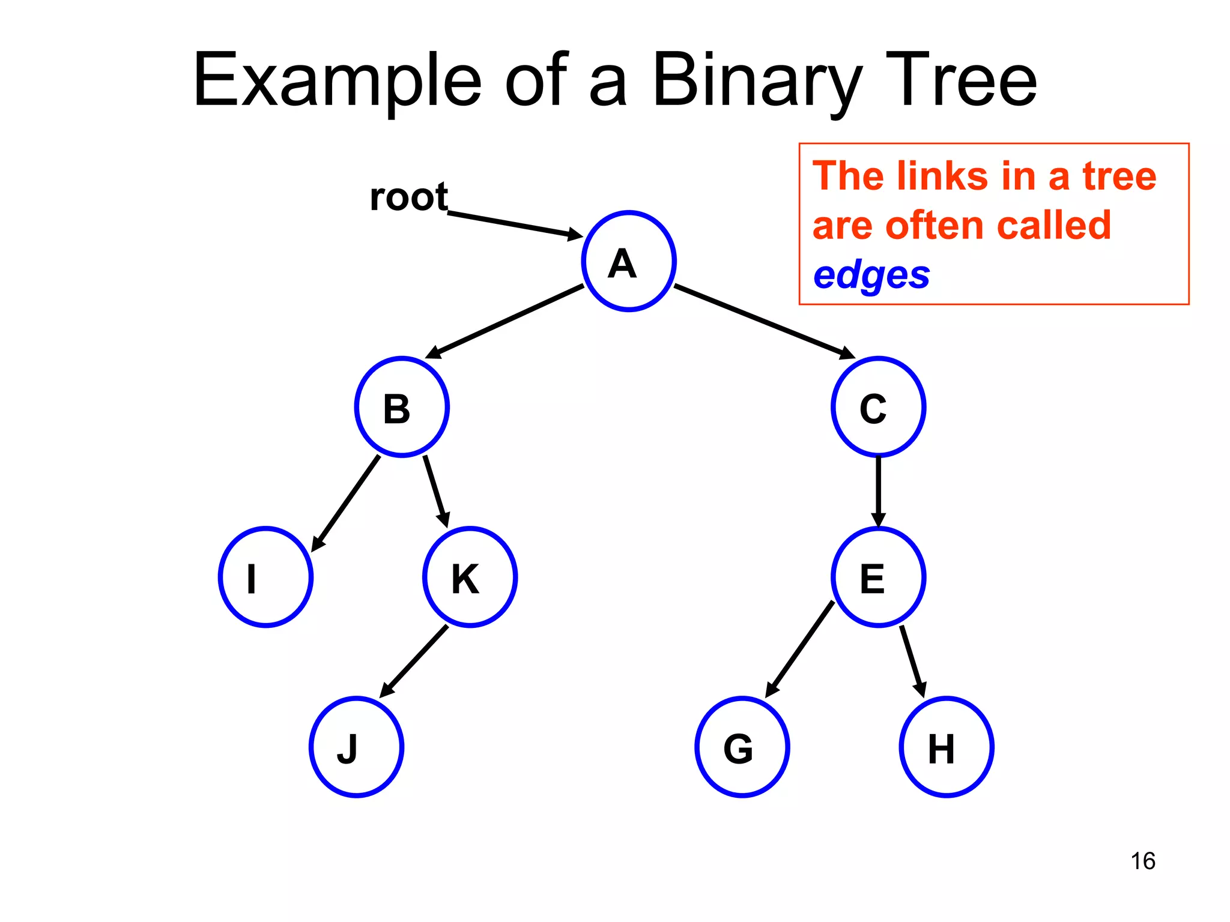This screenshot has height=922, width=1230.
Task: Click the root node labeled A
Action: [x=629, y=261]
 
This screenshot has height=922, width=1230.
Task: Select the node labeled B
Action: [x=402, y=407]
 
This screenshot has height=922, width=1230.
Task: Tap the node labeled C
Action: [x=878, y=407]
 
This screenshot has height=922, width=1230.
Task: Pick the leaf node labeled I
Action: [x=265, y=577]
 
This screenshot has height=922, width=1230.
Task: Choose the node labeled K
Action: [x=470, y=577]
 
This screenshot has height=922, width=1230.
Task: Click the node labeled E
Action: [x=878, y=577]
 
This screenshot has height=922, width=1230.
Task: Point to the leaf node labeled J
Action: [x=356, y=747]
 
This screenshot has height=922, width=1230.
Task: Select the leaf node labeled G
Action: [x=742, y=747]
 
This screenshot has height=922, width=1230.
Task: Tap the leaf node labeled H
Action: [x=947, y=747]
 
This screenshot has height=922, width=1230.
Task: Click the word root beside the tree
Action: [x=408, y=197]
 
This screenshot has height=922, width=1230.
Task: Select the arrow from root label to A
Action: [x=514, y=224]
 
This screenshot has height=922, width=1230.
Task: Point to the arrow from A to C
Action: [x=763, y=321]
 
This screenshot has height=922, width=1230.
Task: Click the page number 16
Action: [x=1142, y=861]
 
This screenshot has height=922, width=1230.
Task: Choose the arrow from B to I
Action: [x=346, y=503]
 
